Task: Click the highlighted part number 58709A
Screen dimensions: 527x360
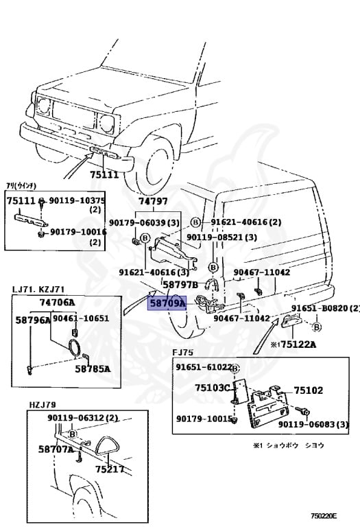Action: click(167, 303)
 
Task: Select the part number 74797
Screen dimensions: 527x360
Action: click(152, 202)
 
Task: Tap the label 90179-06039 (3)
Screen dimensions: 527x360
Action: click(144, 222)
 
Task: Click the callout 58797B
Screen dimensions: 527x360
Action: click(180, 284)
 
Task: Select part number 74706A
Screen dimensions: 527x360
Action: click(57, 303)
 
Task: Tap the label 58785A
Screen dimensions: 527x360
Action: click(93, 368)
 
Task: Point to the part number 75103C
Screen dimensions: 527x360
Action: click(213, 387)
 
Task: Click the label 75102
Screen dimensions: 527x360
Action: click(309, 390)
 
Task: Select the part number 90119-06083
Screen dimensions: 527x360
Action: click(317, 425)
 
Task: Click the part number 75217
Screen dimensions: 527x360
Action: click(109, 469)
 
